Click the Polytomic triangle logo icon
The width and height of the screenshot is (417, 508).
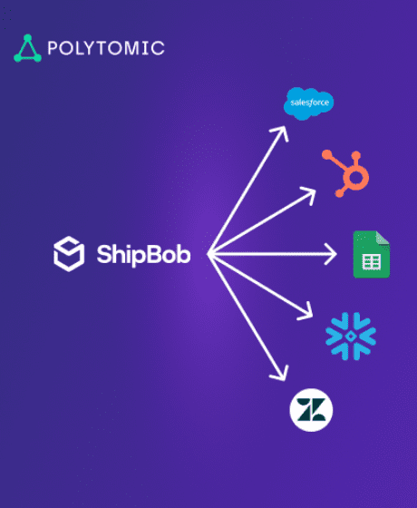coord(27,49)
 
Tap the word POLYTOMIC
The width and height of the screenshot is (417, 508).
coord(106,48)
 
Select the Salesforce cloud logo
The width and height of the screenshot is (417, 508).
coord(308,103)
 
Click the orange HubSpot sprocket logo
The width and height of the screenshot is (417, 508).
coord(345,173)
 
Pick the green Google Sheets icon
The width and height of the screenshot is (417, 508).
coord(372,254)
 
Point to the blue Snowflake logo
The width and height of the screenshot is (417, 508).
coord(351,337)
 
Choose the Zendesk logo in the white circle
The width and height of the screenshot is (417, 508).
coord(311,410)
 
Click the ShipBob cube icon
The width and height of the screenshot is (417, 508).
coord(69,254)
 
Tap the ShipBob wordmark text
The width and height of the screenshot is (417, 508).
coord(143,255)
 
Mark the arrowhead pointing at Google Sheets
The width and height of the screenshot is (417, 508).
coord(331,254)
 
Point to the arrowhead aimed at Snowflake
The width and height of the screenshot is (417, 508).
coord(306,312)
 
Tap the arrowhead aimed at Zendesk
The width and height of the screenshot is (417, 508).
coord(281,375)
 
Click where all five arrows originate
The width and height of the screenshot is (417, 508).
coord(209,254)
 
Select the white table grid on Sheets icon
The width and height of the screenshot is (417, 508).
coord(372,262)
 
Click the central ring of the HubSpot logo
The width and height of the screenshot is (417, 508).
coord(355,177)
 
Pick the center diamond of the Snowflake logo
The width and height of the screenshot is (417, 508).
coord(351,337)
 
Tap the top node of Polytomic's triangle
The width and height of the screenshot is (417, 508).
coord(28,38)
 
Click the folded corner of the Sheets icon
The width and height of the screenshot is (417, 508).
coord(383,238)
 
